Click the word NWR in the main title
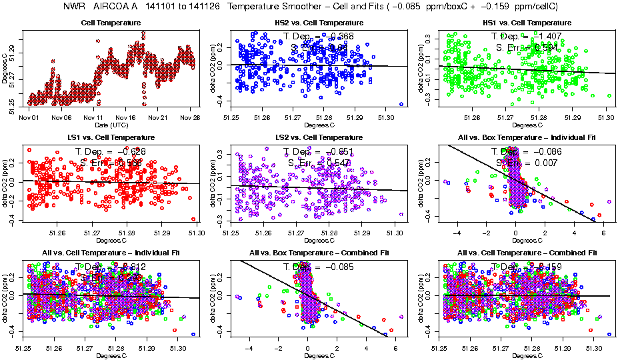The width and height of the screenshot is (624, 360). click(75, 7)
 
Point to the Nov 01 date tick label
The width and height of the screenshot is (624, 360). click(29, 118)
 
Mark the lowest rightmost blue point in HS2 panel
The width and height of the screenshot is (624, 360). click(401, 104)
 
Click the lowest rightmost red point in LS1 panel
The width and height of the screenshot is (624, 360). click(193, 219)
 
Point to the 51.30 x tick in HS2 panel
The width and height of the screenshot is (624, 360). click(386, 118)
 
